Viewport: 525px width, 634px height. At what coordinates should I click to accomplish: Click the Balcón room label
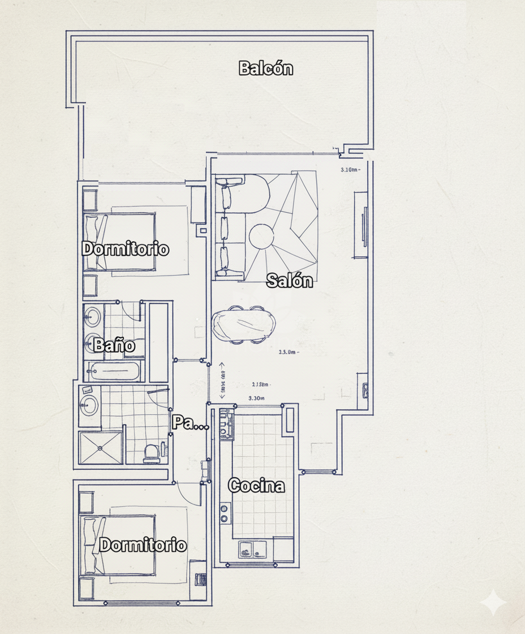point(266,68)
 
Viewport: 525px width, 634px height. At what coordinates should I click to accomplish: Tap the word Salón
point(290,280)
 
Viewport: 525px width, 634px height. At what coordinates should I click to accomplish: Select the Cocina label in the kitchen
point(256,486)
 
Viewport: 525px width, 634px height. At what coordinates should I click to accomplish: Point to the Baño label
point(114,345)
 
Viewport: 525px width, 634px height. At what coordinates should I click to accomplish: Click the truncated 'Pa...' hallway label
point(190,423)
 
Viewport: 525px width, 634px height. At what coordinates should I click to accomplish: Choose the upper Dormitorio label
point(126,249)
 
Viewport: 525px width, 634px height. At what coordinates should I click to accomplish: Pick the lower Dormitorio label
point(143,545)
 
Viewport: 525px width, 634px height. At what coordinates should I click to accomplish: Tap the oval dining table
point(245,324)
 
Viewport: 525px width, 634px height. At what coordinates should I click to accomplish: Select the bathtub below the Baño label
point(113,372)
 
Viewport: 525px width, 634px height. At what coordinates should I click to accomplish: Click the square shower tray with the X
point(101,448)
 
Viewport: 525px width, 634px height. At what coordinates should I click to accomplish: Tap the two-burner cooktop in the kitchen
point(225,513)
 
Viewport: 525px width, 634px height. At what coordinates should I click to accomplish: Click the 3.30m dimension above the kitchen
point(257,398)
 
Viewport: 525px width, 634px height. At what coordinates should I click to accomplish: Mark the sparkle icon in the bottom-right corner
point(493,602)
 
